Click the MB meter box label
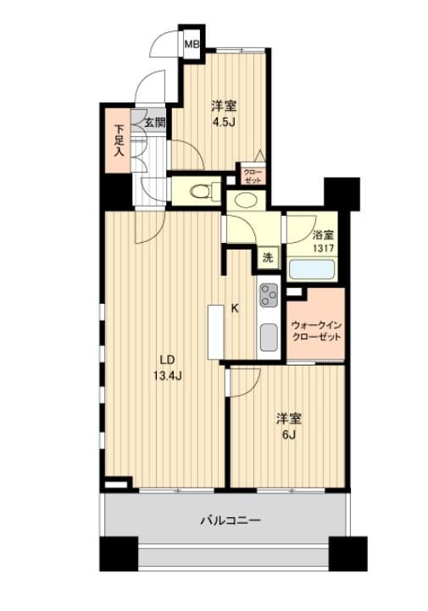pyautogui.click(x=192, y=44)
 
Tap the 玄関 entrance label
pyautogui.click(x=155, y=123)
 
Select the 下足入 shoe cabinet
pyautogui.click(x=118, y=140)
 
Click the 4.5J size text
pyautogui.click(x=223, y=122)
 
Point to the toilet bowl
pyautogui.click(x=200, y=191)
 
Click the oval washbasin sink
pyautogui.click(x=246, y=201)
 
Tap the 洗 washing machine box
pyautogui.click(x=268, y=257)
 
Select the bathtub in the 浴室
pyautogui.click(x=312, y=269)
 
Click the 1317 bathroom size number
pyautogui.click(x=324, y=248)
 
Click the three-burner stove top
pyautogui.click(x=269, y=295)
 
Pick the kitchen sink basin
pyautogui.click(x=269, y=337)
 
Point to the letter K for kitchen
pyautogui.click(x=235, y=308)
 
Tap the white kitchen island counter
pyautogui.click(x=215, y=332)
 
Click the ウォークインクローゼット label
pyautogui.click(x=316, y=330)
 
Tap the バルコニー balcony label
pyautogui.click(x=231, y=520)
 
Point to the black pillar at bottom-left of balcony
pyautogui.click(x=119, y=553)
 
